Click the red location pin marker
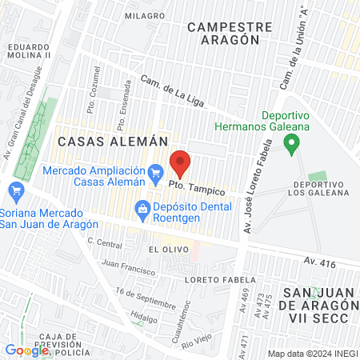[180, 164]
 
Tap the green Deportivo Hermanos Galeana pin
[292, 145]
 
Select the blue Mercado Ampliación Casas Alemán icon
[157, 171]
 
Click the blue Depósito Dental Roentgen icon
[142, 208]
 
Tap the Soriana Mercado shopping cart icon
[14, 190]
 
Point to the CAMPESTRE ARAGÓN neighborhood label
[224, 33]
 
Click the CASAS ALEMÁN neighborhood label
[112, 140]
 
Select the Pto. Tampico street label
[196, 186]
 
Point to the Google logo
[26, 350]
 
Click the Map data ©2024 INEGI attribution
[311, 354]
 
